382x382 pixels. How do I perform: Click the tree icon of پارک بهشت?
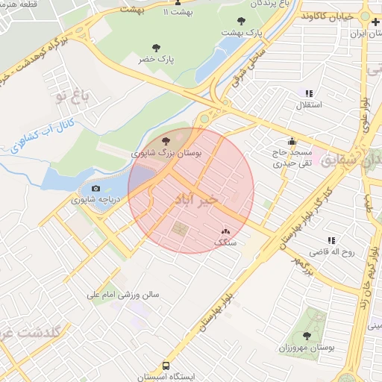pyautogui.click(x=240, y=20)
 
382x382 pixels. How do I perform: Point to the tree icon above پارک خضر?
pyautogui.click(x=156, y=47)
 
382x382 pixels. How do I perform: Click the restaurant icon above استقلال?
pyautogui.click(x=309, y=93)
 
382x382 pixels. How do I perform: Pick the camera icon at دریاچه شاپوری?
pyautogui.click(x=95, y=188)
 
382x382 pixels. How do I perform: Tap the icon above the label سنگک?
pyautogui.click(x=225, y=232)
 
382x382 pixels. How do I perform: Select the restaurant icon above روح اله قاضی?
pyautogui.click(x=331, y=240)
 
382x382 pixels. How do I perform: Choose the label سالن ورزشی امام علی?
pyautogui.click(x=124, y=295)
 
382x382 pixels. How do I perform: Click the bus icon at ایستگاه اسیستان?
pyautogui.click(x=166, y=366)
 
